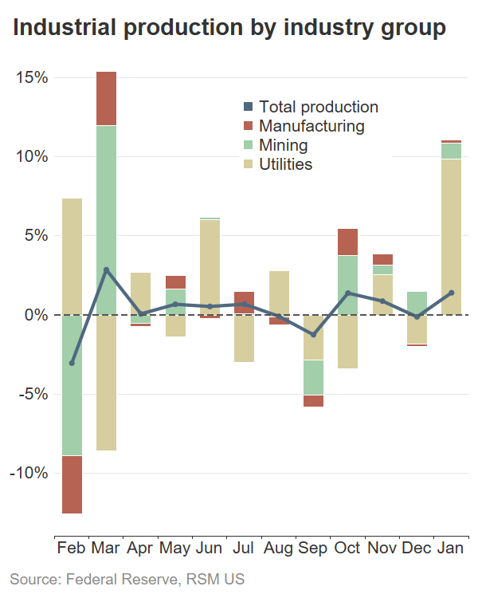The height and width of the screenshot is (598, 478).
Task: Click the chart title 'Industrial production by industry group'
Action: (229, 29)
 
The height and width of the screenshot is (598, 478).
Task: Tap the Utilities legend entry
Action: (285, 164)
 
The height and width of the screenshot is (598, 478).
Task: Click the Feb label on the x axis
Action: (72, 549)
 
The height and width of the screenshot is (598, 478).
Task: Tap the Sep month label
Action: (313, 549)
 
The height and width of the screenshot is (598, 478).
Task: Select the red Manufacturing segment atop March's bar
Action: (106, 98)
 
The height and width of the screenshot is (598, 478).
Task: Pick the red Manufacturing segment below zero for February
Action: (72, 484)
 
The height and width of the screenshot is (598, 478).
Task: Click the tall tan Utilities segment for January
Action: (451, 237)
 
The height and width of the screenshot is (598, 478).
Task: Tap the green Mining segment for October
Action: (347, 285)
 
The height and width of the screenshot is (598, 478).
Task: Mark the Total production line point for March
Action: (106, 270)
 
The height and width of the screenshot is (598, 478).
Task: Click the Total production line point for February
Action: (72, 363)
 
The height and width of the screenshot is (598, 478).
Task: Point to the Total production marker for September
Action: (313, 335)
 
